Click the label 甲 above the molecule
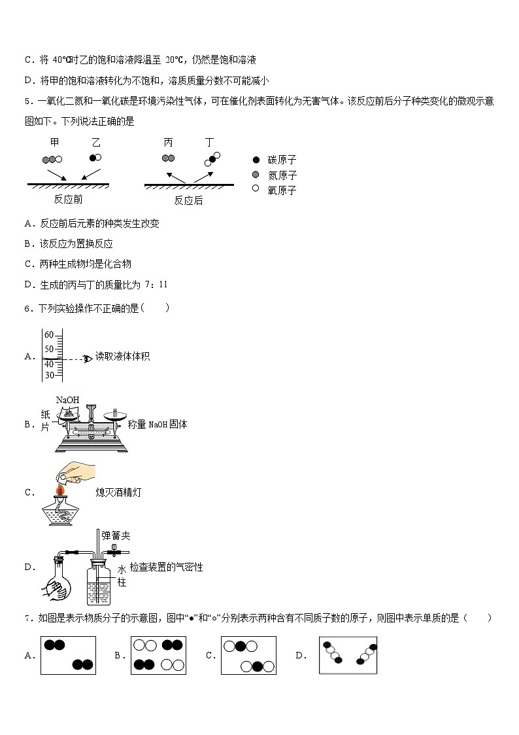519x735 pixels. click(x=54, y=142)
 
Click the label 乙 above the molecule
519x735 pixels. click(x=96, y=142)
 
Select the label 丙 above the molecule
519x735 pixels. click(x=169, y=142)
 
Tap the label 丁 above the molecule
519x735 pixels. click(x=209, y=142)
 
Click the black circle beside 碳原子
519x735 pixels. click(x=256, y=160)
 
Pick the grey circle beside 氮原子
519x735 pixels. click(x=256, y=175)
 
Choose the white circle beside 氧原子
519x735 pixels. click(x=256, y=189)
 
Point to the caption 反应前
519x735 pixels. click(x=68, y=200)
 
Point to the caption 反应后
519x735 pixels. click(x=188, y=200)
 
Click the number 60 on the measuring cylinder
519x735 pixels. click(x=49, y=334)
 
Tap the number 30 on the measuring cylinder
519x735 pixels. click(x=49, y=375)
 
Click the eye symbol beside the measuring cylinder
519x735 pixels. click(x=88, y=358)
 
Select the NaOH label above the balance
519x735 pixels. click(x=68, y=400)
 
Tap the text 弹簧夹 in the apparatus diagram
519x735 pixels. click(x=116, y=536)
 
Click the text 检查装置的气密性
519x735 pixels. click(x=166, y=567)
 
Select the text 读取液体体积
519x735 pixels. click(x=122, y=357)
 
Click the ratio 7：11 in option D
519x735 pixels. click(x=154, y=284)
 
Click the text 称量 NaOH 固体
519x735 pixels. click(x=158, y=424)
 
